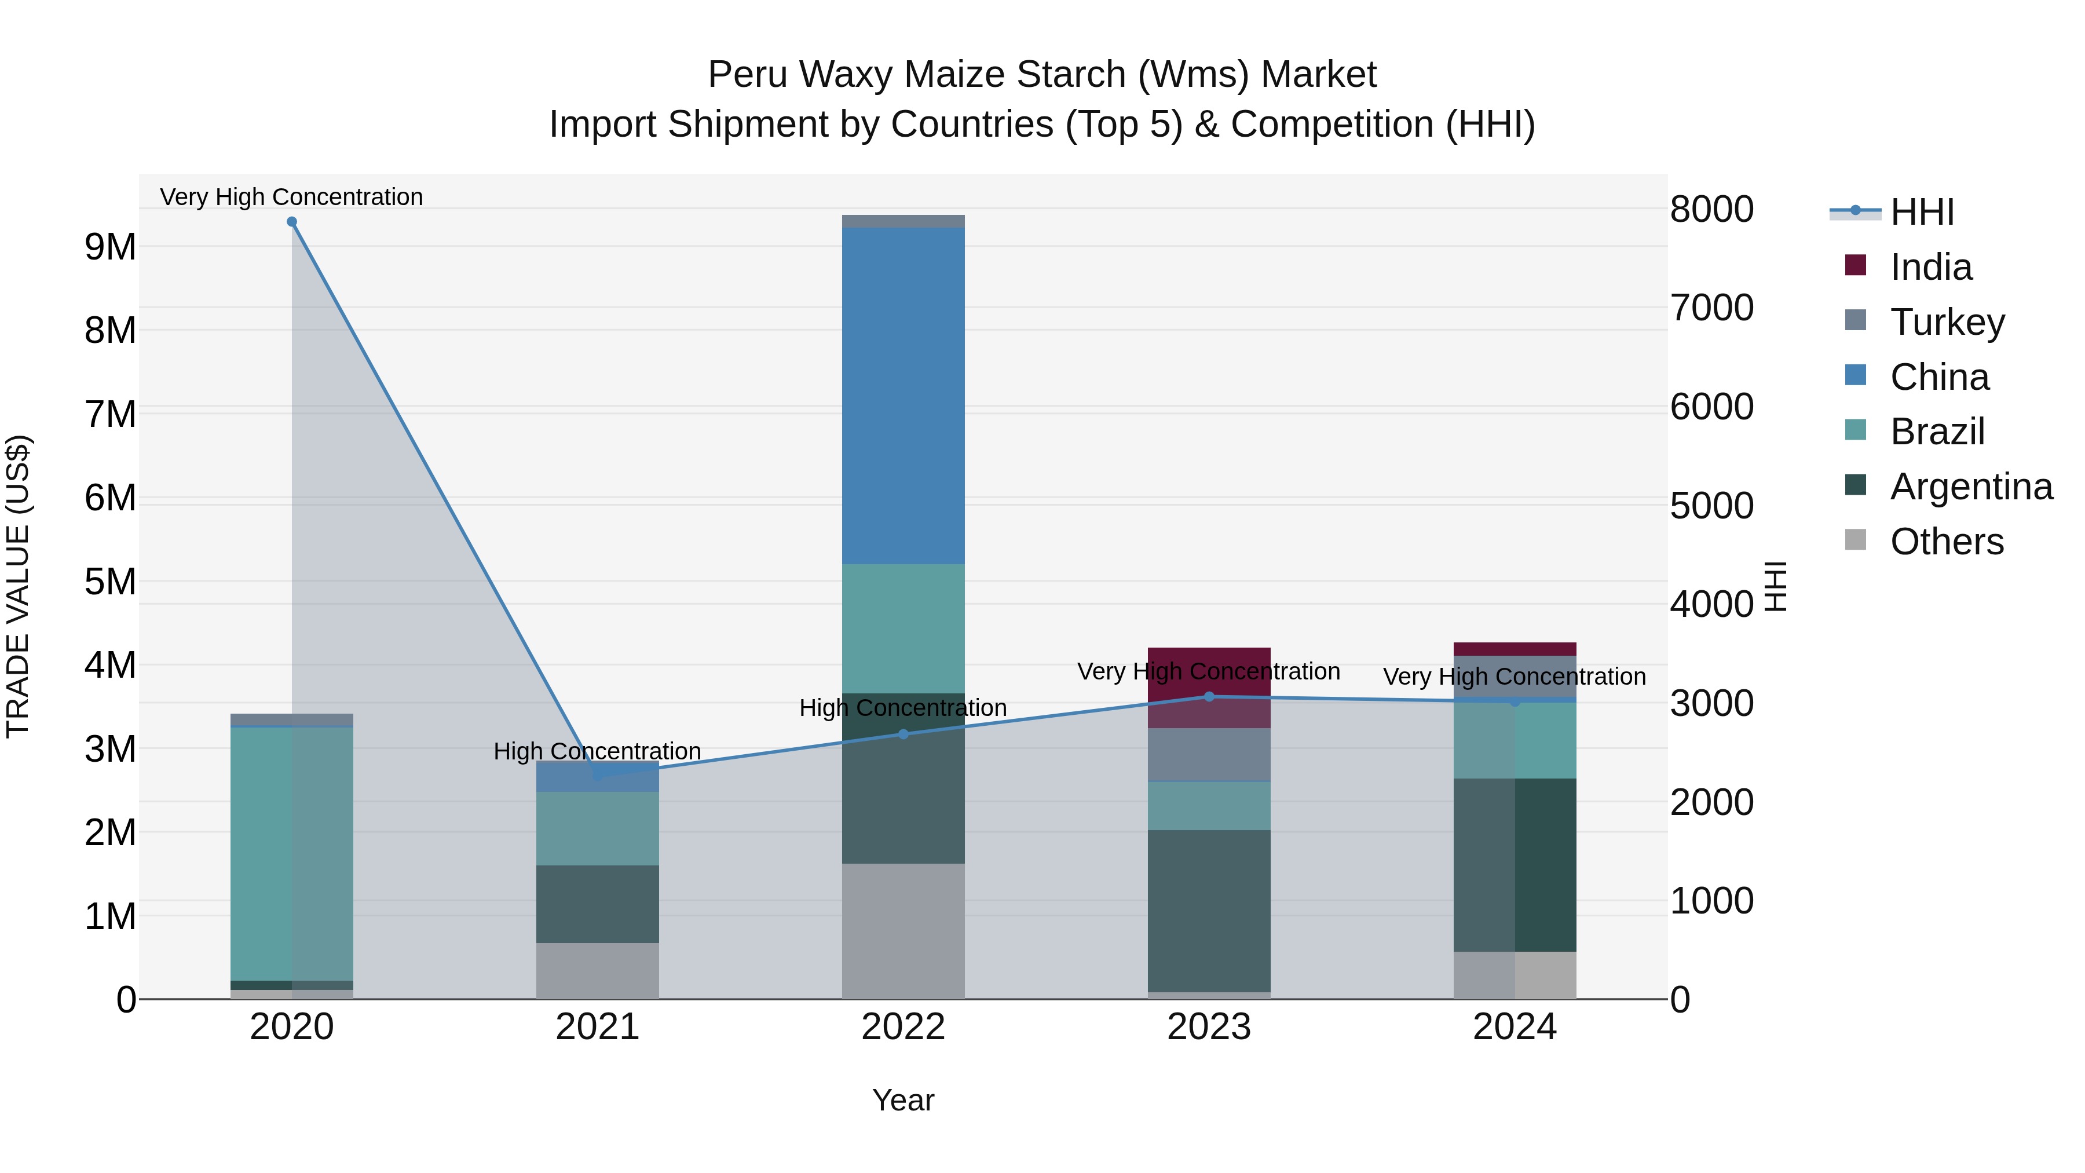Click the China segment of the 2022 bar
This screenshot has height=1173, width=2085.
[x=904, y=395]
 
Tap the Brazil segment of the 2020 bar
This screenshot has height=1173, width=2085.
[x=291, y=853]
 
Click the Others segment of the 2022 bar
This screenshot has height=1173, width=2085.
[x=904, y=931]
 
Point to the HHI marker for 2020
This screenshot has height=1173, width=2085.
[x=292, y=222]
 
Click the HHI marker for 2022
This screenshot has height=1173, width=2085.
[x=904, y=735]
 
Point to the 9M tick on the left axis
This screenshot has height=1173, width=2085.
[x=110, y=247]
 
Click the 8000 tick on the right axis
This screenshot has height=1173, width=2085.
[x=1711, y=209]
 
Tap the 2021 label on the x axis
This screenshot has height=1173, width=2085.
[x=597, y=1027]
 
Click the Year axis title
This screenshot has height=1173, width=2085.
[x=904, y=1100]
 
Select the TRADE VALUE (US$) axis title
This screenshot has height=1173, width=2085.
[x=18, y=586]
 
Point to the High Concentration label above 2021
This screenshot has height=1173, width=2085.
[x=597, y=751]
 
